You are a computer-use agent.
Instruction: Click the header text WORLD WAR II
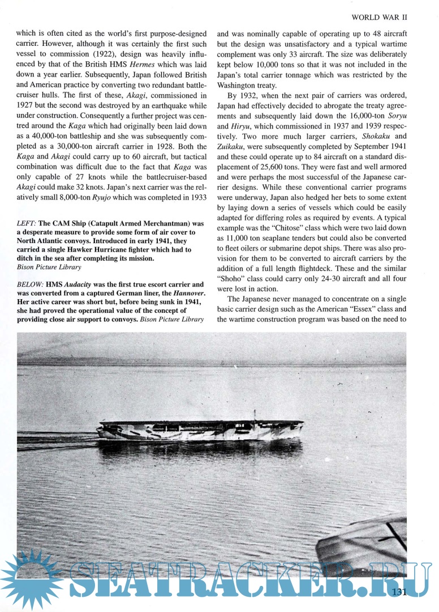click(380, 18)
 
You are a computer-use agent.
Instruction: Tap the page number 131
click(398, 593)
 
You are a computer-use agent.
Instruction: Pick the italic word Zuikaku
click(235, 147)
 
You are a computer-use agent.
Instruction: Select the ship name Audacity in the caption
click(75, 284)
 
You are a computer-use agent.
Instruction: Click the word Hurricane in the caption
click(126, 249)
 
